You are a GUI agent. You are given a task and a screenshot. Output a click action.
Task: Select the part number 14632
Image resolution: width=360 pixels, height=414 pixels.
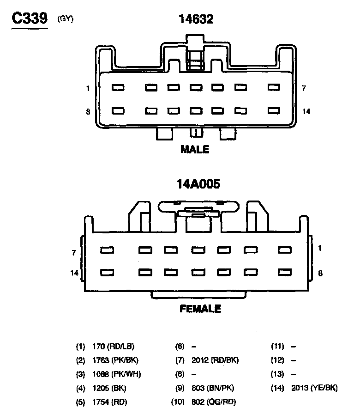(x=196, y=19)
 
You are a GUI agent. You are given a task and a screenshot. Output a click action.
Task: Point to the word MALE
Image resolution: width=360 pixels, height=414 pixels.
(x=195, y=149)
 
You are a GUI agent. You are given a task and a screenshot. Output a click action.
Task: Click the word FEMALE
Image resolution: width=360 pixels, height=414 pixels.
(x=200, y=309)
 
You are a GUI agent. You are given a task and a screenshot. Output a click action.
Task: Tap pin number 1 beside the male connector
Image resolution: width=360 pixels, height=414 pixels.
(x=88, y=88)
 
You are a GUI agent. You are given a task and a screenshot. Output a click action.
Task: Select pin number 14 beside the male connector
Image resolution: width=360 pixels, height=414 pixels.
(x=306, y=111)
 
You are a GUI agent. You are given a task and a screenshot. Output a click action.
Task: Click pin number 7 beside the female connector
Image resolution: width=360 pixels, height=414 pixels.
(x=74, y=253)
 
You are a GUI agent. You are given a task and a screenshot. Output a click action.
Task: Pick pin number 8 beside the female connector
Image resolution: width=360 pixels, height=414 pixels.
(x=320, y=273)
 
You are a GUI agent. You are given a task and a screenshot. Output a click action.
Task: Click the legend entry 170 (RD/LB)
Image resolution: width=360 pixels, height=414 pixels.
(x=114, y=346)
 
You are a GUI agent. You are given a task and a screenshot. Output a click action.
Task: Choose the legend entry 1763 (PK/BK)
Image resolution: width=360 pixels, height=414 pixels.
(x=115, y=360)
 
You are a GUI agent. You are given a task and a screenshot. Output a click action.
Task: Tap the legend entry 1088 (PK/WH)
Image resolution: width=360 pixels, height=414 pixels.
(x=116, y=374)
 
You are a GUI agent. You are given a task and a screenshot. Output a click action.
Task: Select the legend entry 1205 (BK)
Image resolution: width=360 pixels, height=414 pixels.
(x=109, y=388)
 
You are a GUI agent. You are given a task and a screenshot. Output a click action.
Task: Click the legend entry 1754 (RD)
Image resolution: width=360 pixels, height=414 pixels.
(x=109, y=402)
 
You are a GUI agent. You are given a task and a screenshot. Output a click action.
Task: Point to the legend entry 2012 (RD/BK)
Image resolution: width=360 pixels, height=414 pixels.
(x=215, y=360)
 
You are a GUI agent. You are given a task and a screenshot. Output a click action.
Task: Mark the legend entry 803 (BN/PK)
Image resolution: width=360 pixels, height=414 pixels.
(x=212, y=388)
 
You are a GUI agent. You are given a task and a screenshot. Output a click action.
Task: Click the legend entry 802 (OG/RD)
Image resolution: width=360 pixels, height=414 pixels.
(x=213, y=402)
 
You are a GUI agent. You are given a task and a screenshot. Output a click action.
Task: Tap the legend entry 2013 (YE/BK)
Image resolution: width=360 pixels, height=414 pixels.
(x=314, y=388)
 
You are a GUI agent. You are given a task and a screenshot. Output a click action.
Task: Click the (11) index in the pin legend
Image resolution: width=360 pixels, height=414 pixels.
(x=277, y=346)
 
